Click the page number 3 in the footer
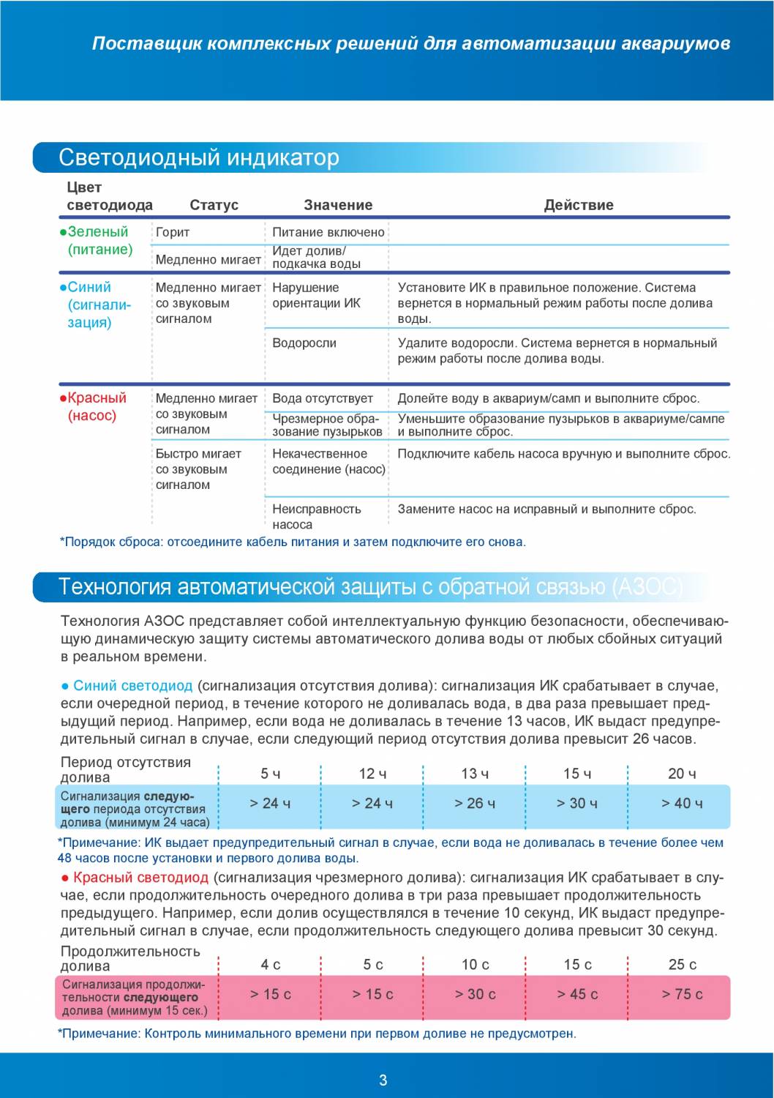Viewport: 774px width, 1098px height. [383, 1080]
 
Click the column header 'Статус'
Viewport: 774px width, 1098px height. [214, 205]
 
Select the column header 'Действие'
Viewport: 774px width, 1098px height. [578, 205]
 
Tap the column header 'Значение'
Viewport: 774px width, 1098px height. [338, 205]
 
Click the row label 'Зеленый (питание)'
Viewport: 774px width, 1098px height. [99, 241]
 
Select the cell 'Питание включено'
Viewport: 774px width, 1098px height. [328, 232]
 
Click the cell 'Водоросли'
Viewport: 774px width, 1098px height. [304, 343]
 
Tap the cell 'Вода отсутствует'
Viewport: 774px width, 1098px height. [323, 398]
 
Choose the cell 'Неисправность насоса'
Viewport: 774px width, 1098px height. [316, 516]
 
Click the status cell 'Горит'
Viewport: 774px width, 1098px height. [173, 232]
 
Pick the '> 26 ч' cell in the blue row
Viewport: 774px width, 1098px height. [475, 803]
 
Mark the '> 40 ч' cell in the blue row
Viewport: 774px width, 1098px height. [682, 803]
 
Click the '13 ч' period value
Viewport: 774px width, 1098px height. [475, 774]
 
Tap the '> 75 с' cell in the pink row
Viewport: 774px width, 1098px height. [682, 994]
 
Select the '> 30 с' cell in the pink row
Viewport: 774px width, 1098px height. [475, 994]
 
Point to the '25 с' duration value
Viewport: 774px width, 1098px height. [682, 965]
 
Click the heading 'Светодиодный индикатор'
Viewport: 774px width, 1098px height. [199, 157]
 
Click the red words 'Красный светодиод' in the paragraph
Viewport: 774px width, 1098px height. [140, 878]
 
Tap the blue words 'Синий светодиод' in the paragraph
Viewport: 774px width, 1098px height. [132, 686]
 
